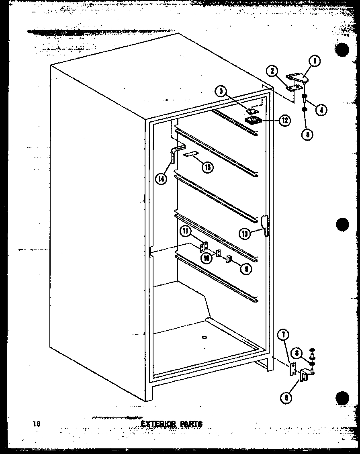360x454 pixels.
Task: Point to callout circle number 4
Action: pyautogui.click(x=320, y=109)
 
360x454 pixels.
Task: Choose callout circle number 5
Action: pyautogui.click(x=307, y=134)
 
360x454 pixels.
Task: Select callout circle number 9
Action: pyautogui.click(x=246, y=269)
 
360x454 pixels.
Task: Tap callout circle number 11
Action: pyautogui.click(x=186, y=231)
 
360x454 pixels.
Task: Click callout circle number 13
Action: pyautogui.click(x=245, y=233)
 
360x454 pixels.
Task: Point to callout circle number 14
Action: pyautogui.click(x=162, y=179)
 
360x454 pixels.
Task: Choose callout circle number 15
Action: pyautogui.click(x=207, y=168)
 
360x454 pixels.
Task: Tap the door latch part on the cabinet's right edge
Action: pyautogui.click(x=265, y=225)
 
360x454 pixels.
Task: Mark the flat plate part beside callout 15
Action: pyautogui.click(x=190, y=154)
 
